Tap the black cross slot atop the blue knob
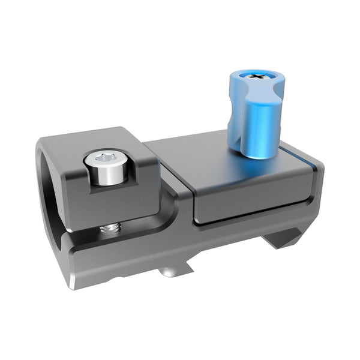coord(259,76)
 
